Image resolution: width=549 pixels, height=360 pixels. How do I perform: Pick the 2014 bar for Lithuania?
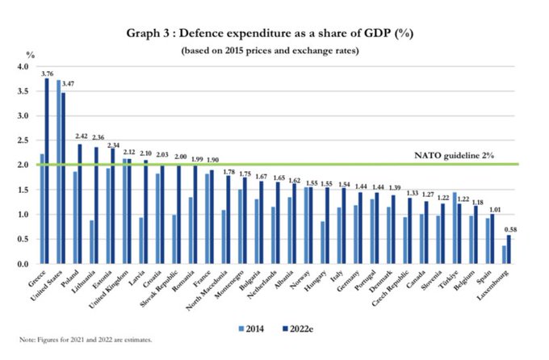click(x=93, y=242)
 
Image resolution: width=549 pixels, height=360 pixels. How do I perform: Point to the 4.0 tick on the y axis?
click(x=23, y=66)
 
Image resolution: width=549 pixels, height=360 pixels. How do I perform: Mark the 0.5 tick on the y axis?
click(x=23, y=240)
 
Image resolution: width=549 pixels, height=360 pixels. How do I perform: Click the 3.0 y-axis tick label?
click(x=23, y=115)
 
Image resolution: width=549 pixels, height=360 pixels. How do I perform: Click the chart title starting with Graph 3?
click(x=274, y=34)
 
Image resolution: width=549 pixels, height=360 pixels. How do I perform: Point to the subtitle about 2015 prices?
click(x=274, y=51)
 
